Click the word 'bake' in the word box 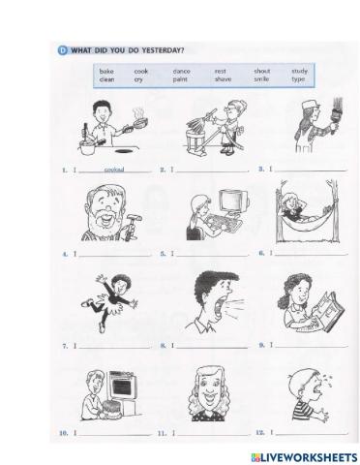click(106, 71)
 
